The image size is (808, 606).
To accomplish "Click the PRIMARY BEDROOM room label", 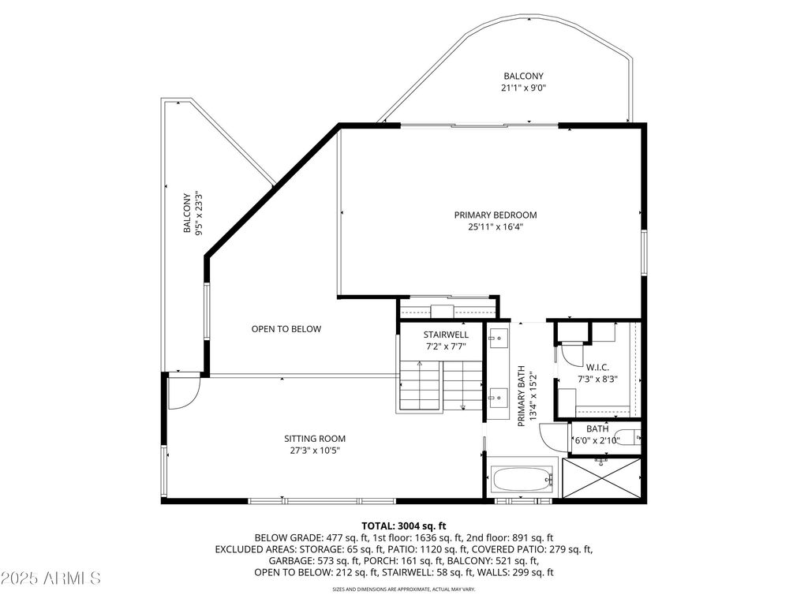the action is click(x=496, y=215).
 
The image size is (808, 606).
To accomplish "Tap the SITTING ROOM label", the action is click(x=315, y=439).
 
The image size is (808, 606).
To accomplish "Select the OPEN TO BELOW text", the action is click(x=286, y=329).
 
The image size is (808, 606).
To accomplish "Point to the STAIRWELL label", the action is click(x=446, y=335).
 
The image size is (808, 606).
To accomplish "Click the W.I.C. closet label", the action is click(x=597, y=368).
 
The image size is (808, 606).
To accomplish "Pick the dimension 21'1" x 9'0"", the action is click(x=524, y=88).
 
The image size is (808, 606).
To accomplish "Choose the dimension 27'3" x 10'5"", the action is click(x=315, y=451).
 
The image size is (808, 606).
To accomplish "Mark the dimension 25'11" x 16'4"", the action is click(x=496, y=226).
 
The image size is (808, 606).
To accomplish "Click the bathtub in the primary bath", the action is click(x=522, y=480).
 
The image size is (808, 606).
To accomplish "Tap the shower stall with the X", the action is click(x=601, y=478).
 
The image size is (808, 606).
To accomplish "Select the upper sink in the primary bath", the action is click(x=499, y=338).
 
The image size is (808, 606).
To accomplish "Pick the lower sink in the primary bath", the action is click(x=499, y=398).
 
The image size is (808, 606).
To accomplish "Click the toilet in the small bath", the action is click(x=630, y=437).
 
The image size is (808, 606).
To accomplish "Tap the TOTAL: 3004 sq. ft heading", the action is click(x=403, y=526).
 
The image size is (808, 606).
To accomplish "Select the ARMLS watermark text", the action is click(x=50, y=578).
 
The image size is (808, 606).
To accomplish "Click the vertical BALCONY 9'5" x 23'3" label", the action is click(x=193, y=214).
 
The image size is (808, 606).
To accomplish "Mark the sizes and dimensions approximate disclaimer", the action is click(x=403, y=589).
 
